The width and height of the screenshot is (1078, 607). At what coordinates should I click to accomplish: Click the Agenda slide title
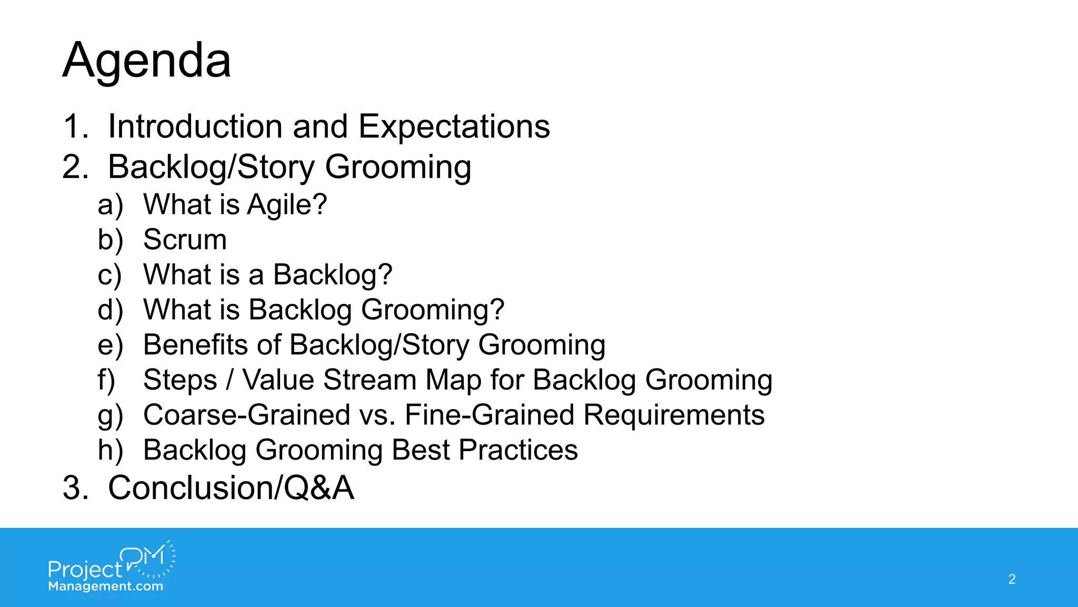(147, 61)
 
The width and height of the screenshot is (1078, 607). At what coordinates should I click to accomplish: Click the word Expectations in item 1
(454, 127)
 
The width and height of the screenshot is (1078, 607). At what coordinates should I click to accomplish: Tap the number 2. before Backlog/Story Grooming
(75, 168)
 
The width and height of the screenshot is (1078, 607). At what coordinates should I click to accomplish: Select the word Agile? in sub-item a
(287, 205)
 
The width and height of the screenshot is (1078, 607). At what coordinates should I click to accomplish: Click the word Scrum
(185, 240)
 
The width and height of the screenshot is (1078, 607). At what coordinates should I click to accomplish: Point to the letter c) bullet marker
(109, 275)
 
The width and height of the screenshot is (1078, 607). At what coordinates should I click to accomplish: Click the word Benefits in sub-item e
(195, 345)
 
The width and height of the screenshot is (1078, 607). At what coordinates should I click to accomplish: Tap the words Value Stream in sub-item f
(330, 380)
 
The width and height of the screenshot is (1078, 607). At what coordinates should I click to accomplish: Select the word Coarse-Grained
(246, 415)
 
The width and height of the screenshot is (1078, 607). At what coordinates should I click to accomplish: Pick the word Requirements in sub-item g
(674, 415)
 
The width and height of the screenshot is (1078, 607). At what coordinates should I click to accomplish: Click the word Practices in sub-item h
(518, 451)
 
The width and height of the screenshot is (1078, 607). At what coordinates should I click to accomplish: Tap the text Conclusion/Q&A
(231, 488)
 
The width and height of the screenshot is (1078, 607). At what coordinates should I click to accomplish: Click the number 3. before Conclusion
(75, 488)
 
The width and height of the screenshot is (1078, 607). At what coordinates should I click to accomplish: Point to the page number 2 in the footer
(1012, 579)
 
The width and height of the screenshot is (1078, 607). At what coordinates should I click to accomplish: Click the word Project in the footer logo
(84, 570)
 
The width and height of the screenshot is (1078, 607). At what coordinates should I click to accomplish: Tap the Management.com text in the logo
(105, 586)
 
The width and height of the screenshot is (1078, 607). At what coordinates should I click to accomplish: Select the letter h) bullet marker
(110, 451)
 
